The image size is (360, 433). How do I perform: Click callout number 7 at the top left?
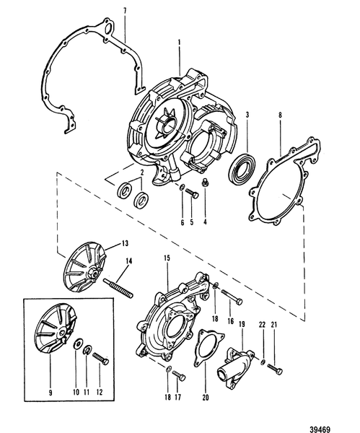click(x=123, y=10)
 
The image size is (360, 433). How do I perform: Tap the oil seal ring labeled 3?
click(x=241, y=175)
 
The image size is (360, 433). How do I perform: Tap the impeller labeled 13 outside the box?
click(x=80, y=268)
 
